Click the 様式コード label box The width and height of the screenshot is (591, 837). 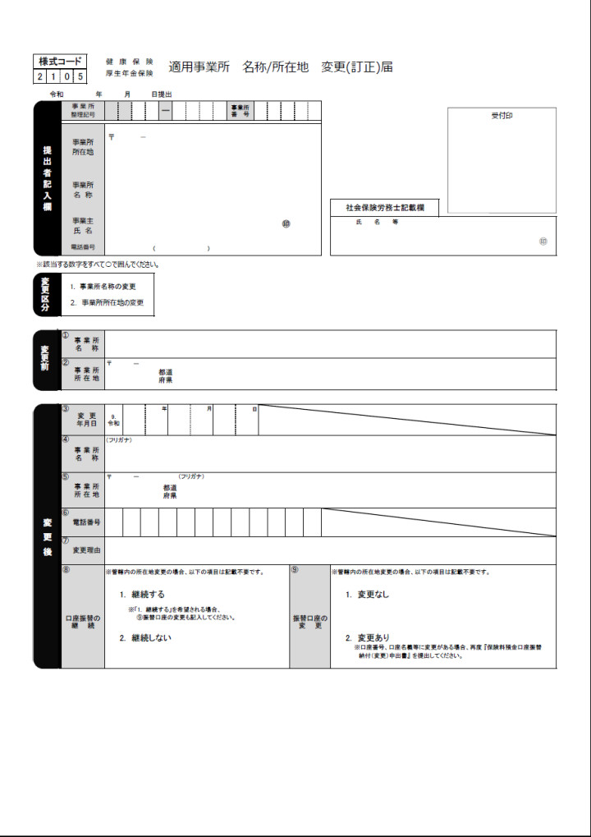[58, 62]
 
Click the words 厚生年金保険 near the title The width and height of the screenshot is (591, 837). [130, 73]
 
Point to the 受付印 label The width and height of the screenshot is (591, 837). [502, 116]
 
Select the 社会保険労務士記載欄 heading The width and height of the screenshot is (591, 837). [384, 209]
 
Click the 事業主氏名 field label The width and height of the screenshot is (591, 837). [83, 226]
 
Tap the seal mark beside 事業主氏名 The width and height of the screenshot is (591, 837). [286, 223]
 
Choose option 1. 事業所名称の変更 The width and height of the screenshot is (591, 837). [103, 287]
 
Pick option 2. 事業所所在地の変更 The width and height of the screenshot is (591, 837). [107, 302]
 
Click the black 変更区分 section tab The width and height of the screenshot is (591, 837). [46, 294]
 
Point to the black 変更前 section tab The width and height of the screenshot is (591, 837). [46, 358]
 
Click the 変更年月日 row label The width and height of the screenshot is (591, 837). [86, 419]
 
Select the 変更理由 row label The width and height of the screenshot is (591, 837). [86, 550]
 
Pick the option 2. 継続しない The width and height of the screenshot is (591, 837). [145, 637]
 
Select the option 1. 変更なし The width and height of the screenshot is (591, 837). [367, 594]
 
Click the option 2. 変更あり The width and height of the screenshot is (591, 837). [367, 637]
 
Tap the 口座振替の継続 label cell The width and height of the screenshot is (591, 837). [83, 622]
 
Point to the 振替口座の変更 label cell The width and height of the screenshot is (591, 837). [309, 622]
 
